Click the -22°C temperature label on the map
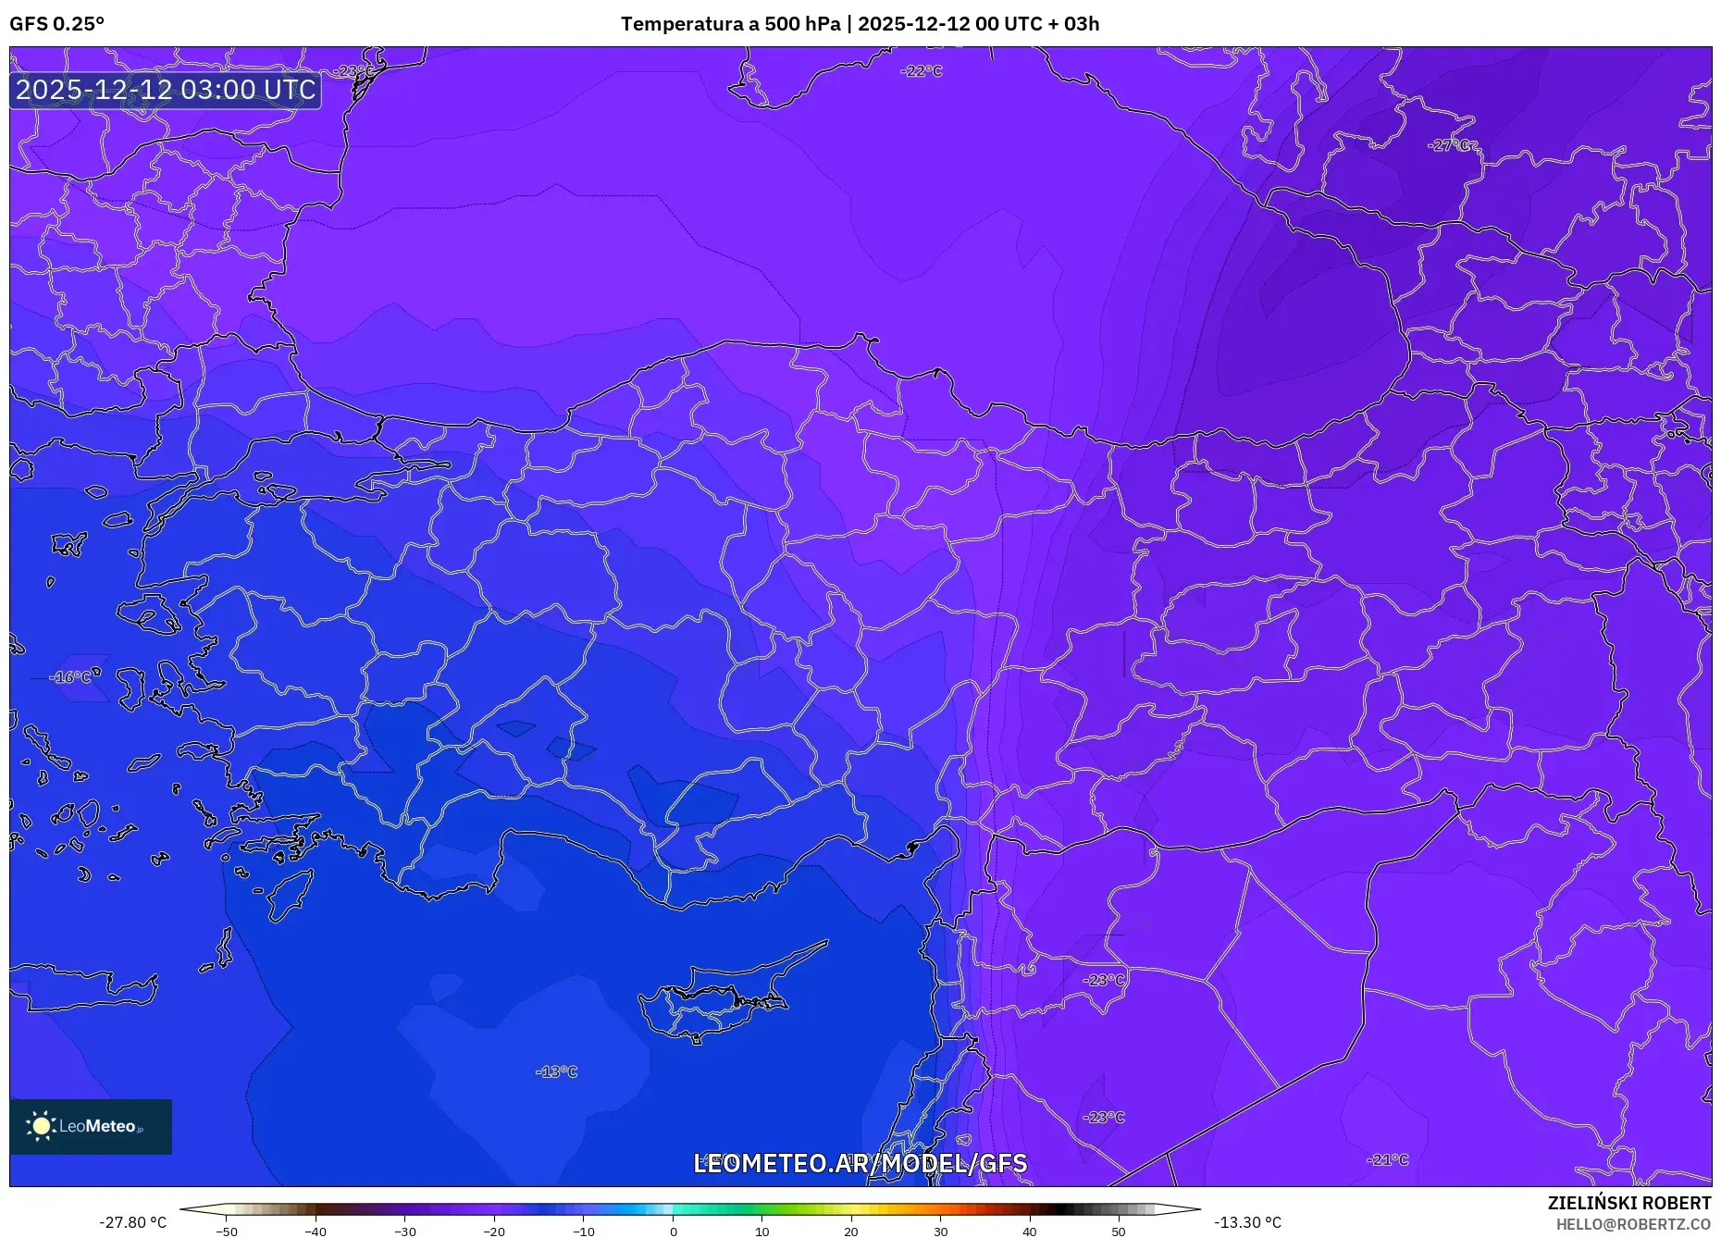click(x=922, y=71)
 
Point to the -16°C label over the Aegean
click(x=72, y=677)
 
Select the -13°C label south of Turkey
click(x=556, y=1071)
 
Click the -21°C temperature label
click(x=1388, y=1159)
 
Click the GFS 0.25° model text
click(x=56, y=24)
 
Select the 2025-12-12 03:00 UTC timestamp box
click(x=166, y=90)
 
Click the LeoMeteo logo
click(x=91, y=1126)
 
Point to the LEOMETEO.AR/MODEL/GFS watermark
click(x=860, y=1163)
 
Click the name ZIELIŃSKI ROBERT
click(x=1628, y=1203)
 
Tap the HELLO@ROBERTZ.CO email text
click(x=1633, y=1224)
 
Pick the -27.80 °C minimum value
click(x=133, y=1222)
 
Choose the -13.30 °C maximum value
click(x=1247, y=1222)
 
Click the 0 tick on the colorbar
click(x=674, y=1232)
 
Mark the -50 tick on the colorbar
click(x=227, y=1232)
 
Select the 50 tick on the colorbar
click(x=1119, y=1232)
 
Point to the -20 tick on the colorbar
click(x=494, y=1232)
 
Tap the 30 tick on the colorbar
click(x=940, y=1232)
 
